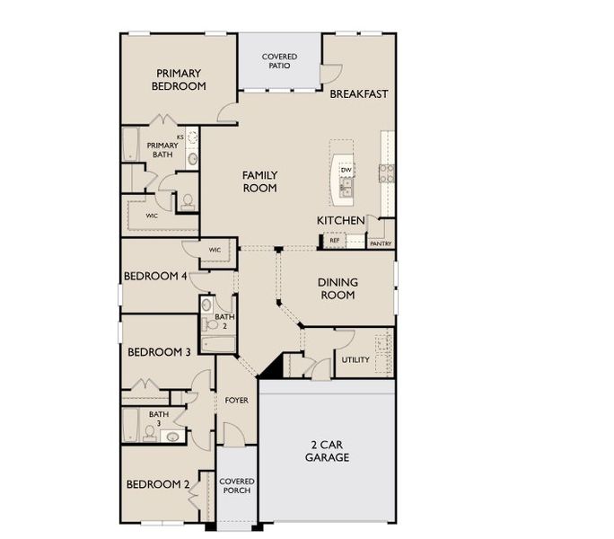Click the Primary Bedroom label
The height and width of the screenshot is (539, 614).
179,80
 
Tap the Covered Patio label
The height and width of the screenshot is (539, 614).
279,61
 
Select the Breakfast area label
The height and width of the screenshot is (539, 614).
359,94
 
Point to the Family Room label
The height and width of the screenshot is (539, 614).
259,181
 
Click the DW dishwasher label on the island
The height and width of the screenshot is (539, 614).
346,170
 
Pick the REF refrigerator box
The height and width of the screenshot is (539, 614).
335,240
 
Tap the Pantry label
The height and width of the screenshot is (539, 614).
381,243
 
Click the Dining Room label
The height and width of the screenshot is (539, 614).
338,288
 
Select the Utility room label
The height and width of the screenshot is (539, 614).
355,359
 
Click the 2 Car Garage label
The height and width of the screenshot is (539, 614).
327,451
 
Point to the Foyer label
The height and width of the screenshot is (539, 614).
236,401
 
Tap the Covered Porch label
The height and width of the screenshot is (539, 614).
236,486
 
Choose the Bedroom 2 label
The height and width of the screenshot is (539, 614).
158,484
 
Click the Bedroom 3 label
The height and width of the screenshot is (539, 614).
159,352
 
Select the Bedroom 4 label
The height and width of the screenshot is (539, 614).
155,276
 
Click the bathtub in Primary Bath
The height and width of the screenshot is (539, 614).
130,144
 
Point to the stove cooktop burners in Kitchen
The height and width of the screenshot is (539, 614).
387,173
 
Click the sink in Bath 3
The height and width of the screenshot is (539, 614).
172,436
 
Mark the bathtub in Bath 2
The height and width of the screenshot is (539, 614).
218,345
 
